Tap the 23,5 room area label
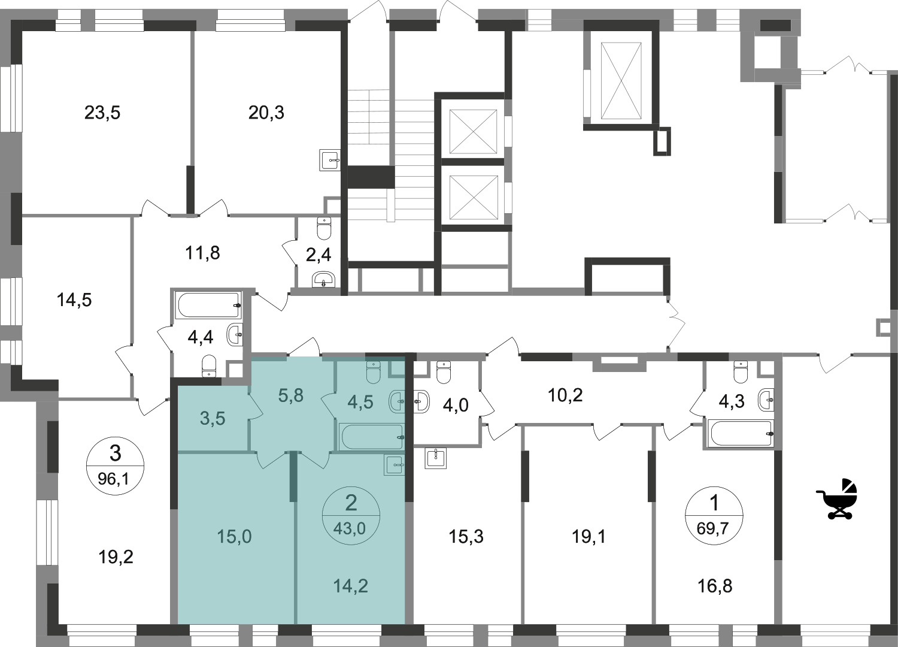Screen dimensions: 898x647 click(x=102, y=113)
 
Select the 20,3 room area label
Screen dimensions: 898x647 click(x=266, y=113)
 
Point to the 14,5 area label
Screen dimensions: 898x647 click(x=74, y=300)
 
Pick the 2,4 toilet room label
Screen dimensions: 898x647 click(x=318, y=255)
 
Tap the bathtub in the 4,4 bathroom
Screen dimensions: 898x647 click(x=208, y=306)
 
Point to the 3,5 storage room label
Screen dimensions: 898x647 click(x=213, y=419)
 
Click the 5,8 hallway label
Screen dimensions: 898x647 click(x=290, y=396)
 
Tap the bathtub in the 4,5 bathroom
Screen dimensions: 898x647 click(x=371, y=436)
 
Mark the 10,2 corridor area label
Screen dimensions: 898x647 click(x=565, y=395)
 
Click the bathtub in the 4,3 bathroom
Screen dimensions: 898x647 click(x=740, y=433)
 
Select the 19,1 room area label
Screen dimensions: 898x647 click(x=589, y=537)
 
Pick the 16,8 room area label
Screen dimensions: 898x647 click(x=715, y=586)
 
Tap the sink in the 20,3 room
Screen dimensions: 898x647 click(x=330, y=161)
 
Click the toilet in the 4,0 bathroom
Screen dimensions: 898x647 click(x=444, y=372)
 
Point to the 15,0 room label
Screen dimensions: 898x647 click(x=234, y=537)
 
